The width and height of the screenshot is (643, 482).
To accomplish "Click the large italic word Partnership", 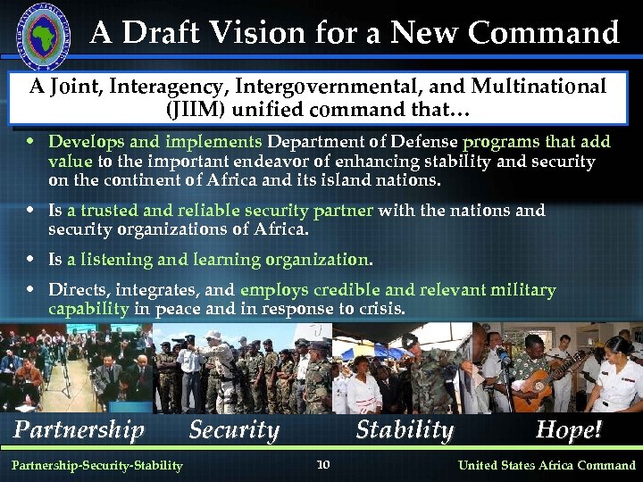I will point(79,430).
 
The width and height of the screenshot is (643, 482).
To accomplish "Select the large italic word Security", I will point(234,430).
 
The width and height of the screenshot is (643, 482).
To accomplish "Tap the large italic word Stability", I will point(405,430).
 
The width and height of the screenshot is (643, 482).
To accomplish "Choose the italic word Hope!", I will point(568,430).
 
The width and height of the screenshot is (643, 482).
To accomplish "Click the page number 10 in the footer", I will point(323,464).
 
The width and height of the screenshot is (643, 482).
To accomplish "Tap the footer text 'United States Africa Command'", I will point(547,465).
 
